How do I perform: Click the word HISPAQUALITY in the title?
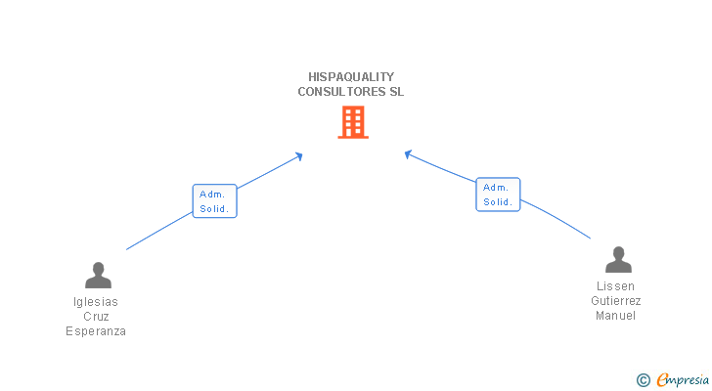coord(350,76)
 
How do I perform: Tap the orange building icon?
coord(353,122)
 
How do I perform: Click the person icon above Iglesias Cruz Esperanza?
coord(98,275)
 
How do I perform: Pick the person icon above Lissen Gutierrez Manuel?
coord(618,259)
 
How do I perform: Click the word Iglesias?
coord(96,302)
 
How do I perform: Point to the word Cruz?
coord(96,317)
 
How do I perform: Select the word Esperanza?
coord(96,331)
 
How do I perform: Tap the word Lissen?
coord(616,286)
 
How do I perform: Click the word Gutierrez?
coord(616,301)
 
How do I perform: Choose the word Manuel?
coord(616,316)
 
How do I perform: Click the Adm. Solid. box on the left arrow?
coord(215,201)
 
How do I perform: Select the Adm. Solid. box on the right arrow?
coord(498,195)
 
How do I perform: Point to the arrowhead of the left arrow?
coord(299,155)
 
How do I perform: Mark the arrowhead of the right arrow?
coord(408,153)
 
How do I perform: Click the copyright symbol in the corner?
coord(643,379)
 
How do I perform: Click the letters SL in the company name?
coord(396,92)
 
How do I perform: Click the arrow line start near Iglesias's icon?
coord(128,249)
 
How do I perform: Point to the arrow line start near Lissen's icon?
coord(590,238)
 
